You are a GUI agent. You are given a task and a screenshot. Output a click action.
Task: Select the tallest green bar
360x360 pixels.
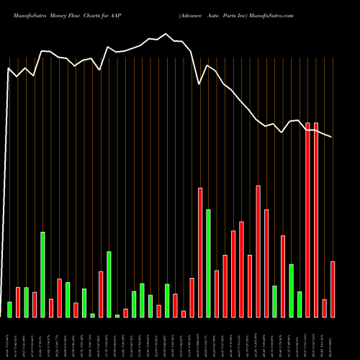pyautogui.click(x=42, y=274)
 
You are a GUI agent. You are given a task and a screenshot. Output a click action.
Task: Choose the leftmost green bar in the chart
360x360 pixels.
pyautogui.click(x=9, y=310)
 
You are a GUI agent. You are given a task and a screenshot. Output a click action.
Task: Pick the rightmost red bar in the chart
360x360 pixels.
pyautogui.click(x=333, y=289)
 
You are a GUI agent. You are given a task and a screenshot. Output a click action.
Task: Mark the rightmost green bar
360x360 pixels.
pyautogui.click(x=300, y=304)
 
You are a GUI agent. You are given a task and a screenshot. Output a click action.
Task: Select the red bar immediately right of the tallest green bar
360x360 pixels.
pyautogui.click(x=51, y=308)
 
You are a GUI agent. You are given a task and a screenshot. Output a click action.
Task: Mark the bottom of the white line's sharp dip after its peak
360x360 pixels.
pyautogui.click(x=200, y=84)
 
